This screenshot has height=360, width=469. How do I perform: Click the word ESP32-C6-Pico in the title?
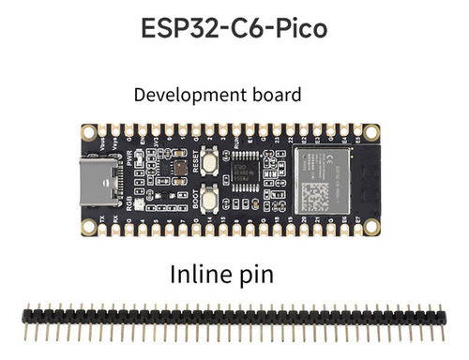coord(234,28)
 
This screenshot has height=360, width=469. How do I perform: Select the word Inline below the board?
coord(204,276)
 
